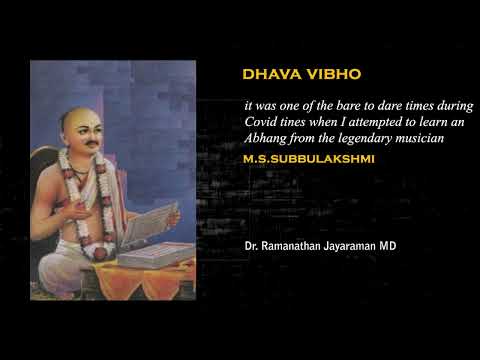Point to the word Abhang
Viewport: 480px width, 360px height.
pyautogui.click(x=266, y=139)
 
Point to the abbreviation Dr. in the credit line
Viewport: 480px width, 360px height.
pyautogui.click(x=250, y=244)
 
